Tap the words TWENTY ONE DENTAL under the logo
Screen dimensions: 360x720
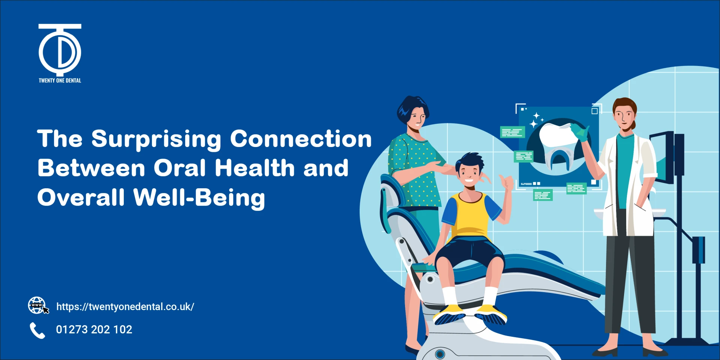click(x=60, y=80)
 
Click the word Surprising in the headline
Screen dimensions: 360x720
click(x=156, y=139)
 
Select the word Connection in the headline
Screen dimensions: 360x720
click(x=301, y=138)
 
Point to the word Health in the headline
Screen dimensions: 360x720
click(x=255, y=168)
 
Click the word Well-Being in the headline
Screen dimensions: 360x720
click(x=199, y=198)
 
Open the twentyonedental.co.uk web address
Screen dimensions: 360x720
click(x=125, y=307)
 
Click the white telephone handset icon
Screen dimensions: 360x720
click(x=37, y=330)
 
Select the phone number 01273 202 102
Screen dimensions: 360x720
click(x=94, y=330)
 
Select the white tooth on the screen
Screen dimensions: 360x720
click(x=557, y=135)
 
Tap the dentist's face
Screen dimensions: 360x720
click(x=624, y=117)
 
